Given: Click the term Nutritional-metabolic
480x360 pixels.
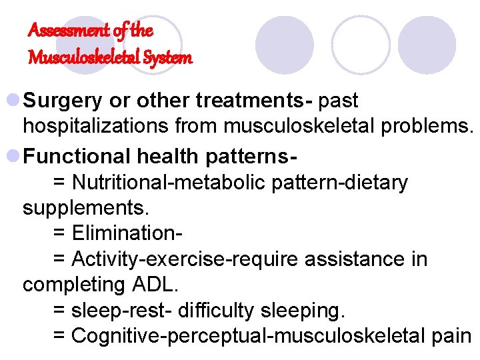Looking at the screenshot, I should click(x=170, y=182).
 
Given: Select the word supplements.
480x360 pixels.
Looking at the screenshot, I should click(x=86, y=207).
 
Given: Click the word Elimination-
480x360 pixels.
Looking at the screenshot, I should click(x=127, y=233).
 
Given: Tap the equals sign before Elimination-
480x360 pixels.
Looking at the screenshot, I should click(x=59, y=233).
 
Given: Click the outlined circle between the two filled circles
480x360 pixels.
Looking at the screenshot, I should click(x=361, y=45).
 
